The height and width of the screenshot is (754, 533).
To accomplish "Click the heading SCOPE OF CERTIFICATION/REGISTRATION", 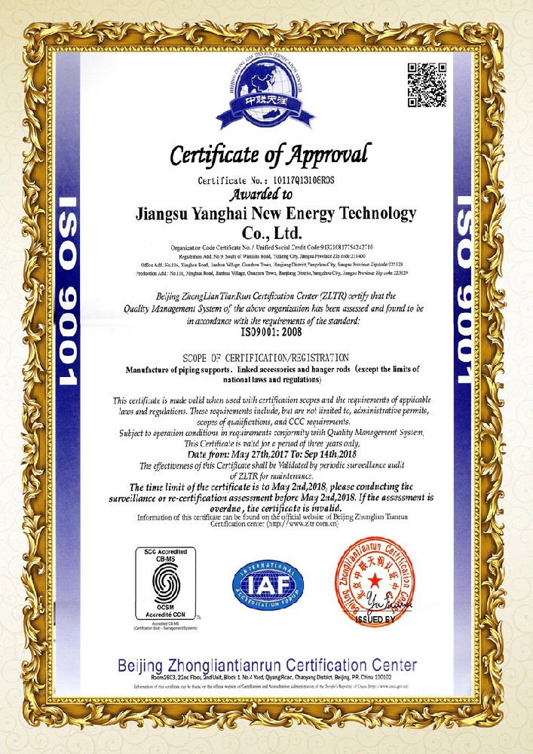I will pyautogui.click(x=266, y=356).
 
